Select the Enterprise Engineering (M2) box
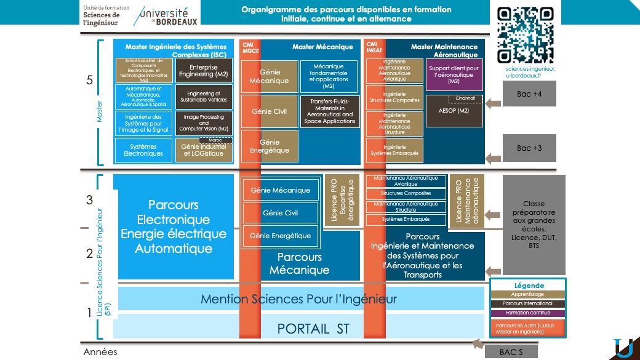click(x=204, y=71)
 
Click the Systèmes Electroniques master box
click(x=143, y=150)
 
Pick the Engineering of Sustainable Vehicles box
click(x=204, y=97)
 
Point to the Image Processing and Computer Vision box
click(x=204, y=123)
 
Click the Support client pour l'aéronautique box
click(x=454, y=74)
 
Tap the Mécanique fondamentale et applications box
click(x=329, y=76)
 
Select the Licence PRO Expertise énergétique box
click(x=342, y=200)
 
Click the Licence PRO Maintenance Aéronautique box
click(x=466, y=201)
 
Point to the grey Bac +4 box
click(x=532, y=94)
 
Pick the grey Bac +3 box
click(x=532, y=148)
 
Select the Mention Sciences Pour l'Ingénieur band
click(x=298, y=300)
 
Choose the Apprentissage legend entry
click(x=527, y=295)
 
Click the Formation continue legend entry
click(x=527, y=313)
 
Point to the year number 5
click(x=90, y=81)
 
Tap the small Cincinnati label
click(x=465, y=98)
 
